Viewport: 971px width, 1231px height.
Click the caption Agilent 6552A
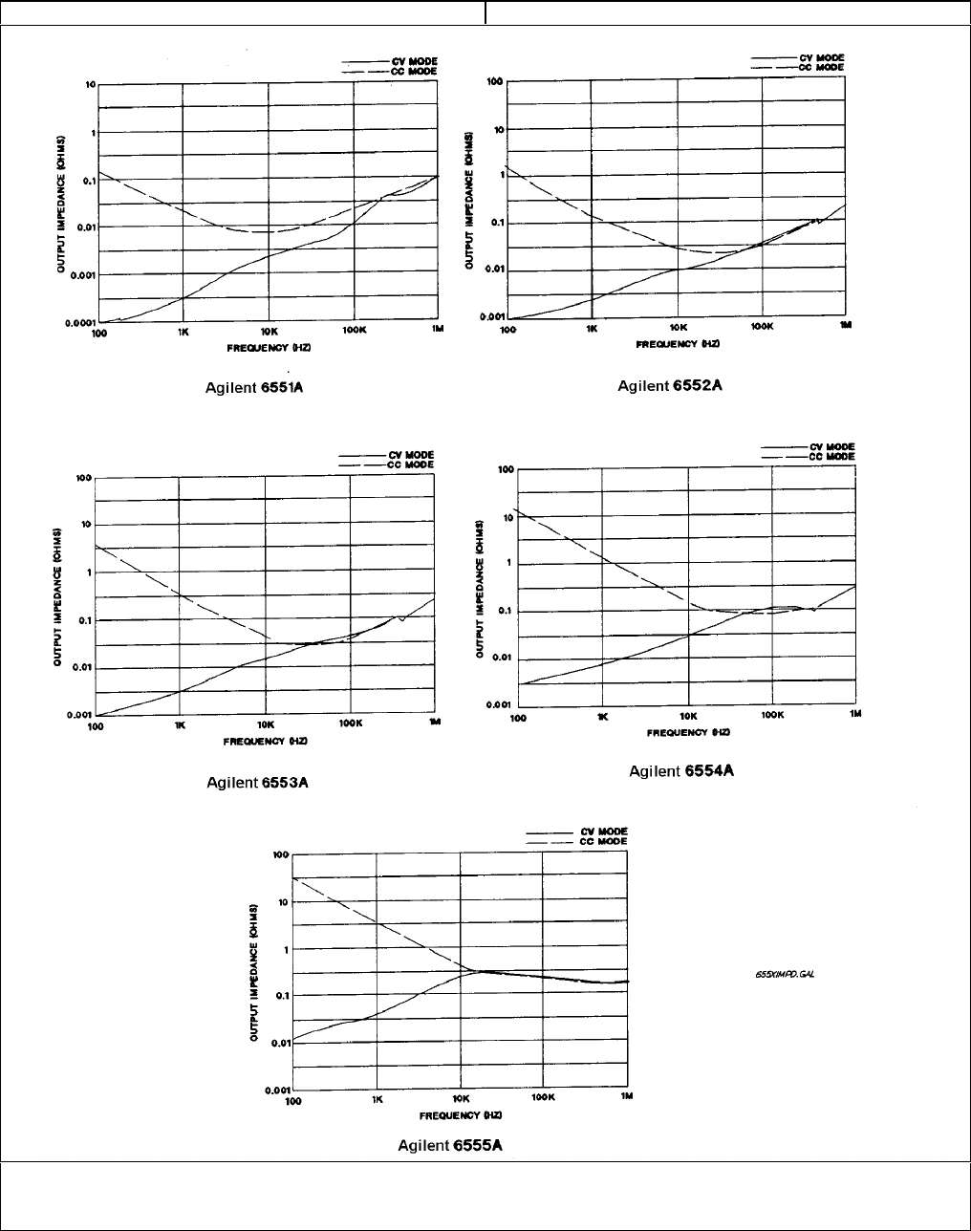pyautogui.click(x=669, y=385)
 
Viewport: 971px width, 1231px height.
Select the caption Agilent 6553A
pyautogui.click(x=257, y=783)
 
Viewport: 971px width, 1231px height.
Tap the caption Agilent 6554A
pyautogui.click(x=681, y=771)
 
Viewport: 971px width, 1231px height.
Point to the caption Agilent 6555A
pyautogui.click(x=449, y=1145)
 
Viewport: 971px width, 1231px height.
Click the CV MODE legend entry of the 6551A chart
pyautogui.click(x=419, y=61)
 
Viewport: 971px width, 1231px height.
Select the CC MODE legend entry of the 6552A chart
pyautogui.click(x=825, y=67)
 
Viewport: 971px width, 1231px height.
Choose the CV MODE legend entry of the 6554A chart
pyautogui.click(x=832, y=446)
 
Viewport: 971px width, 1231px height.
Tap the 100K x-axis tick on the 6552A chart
pyautogui.click(x=762, y=327)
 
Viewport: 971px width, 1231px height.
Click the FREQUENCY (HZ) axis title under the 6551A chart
pyautogui.click(x=281, y=347)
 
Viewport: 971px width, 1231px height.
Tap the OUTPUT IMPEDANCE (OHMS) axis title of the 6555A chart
pyautogui.click(x=256, y=972)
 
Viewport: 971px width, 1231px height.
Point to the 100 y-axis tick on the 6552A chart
pyautogui.click(x=495, y=82)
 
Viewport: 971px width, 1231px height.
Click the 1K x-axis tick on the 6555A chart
pyautogui.click(x=378, y=1099)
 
